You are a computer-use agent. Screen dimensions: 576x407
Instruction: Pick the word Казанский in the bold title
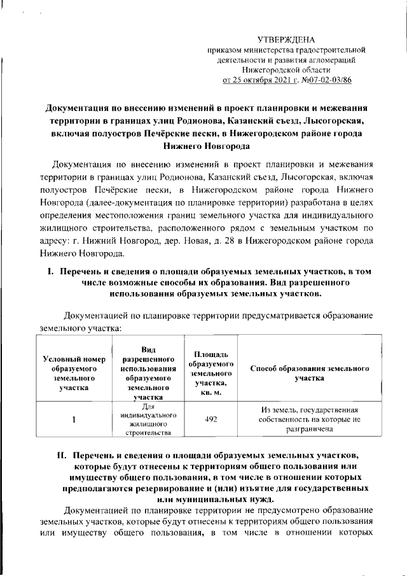tap(231, 121)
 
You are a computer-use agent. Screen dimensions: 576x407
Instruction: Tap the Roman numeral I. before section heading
tap(53, 272)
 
